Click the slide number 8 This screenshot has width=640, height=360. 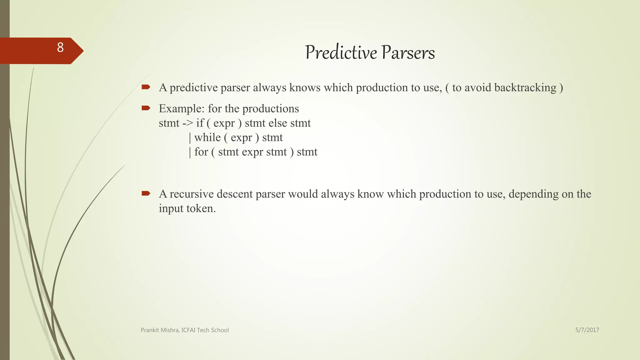[60, 47]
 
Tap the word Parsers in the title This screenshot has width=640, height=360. [408, 52]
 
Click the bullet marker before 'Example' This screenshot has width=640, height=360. [146, 108]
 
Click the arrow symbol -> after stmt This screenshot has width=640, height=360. [187, 123]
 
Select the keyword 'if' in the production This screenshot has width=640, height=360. [200, 123]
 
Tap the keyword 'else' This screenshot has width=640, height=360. [277, 123]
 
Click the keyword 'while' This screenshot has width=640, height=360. [207, 137]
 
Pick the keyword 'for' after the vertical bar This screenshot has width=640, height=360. [201, 152]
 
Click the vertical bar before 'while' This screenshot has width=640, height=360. [190, 138]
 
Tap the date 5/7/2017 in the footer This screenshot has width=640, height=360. [587, 330]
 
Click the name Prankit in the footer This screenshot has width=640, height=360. [150, 330]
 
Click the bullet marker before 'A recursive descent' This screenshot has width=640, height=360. [146, 193]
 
